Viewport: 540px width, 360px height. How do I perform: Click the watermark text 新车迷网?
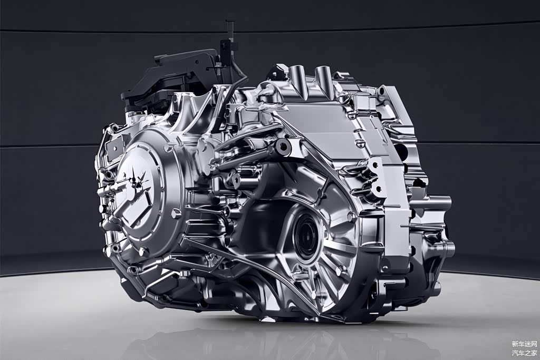tap(524, 344)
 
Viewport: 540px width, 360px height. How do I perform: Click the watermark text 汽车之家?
tap(524, 353)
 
